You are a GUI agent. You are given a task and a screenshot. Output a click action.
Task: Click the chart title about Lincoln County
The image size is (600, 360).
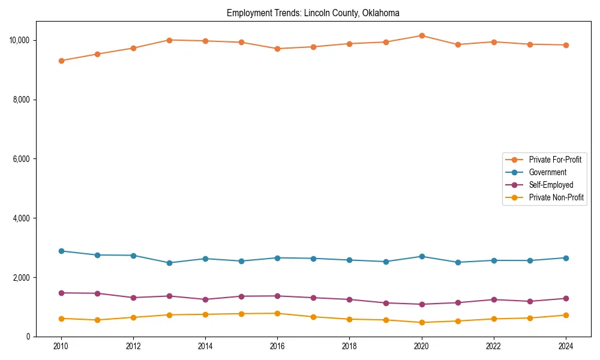pos(313,13)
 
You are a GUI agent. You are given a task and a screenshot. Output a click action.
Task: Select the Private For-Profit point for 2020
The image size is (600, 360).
pos(422,35)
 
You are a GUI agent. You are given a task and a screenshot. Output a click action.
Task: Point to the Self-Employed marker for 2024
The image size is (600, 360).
pos(566,298)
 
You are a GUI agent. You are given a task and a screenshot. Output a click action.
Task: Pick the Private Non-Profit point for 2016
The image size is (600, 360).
pos(277,313)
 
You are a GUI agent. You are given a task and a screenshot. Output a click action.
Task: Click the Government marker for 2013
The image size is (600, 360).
pos(169,263)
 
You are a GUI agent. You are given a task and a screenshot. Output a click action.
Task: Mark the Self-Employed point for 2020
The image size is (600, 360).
pos(422,304)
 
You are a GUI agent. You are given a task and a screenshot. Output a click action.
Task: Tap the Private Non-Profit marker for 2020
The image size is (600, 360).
pos(422,322)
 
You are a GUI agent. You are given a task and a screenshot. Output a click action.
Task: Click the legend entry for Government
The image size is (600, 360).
pos(547,172)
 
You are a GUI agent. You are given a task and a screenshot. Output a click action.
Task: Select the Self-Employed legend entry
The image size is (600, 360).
pos(551,185)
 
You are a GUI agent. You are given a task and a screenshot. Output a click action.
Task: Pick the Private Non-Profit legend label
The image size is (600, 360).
pos(556,197)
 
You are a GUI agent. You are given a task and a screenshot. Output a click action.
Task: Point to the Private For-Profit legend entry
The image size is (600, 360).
pos(554,160)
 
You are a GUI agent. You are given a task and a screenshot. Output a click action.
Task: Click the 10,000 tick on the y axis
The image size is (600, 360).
pos(22,40)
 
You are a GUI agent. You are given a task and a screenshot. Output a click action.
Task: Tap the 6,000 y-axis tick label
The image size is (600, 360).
pos(23,159)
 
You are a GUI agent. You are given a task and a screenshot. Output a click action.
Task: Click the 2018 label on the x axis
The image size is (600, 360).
pos(349,346)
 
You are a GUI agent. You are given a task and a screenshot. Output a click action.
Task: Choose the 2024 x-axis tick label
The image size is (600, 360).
pos(566,346)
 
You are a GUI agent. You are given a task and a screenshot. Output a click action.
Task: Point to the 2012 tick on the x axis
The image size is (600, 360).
pos(133,346)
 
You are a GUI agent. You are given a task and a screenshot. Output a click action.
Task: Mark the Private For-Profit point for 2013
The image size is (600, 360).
pos(169,40)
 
